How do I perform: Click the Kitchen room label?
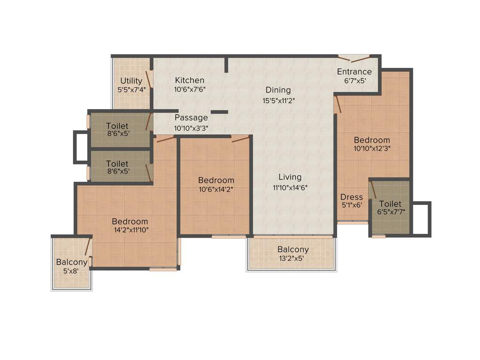(189, 80)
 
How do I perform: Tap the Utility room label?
(131, 81)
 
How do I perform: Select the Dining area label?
(278, 90)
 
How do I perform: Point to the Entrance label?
(354, 72)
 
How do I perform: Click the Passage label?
(191, 118)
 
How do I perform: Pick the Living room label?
(290, 177)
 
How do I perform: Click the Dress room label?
(352, 197)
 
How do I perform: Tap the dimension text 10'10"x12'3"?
(372, 148)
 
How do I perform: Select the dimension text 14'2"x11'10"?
(130, 230)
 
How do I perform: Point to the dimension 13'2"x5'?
(293, 257)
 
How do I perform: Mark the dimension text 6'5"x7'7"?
(390, 212)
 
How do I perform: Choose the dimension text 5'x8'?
(71, 270)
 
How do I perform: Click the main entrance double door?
(354, 59)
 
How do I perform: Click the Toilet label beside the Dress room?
(390, 204)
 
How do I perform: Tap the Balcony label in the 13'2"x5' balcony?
(293, 249)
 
